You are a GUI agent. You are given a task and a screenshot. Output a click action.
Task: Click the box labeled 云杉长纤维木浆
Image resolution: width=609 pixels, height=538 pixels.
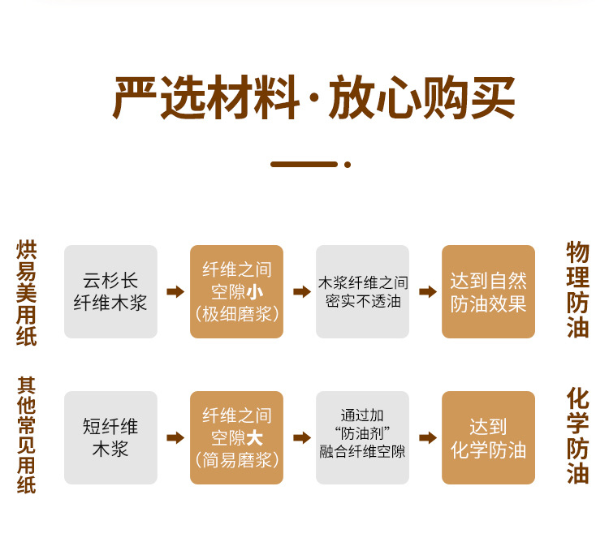click(110, 292)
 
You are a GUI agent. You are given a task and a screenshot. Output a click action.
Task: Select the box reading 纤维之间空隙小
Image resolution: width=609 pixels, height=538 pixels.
click(236, 292)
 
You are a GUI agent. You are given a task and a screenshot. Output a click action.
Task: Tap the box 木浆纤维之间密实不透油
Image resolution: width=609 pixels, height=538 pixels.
click(362, 292)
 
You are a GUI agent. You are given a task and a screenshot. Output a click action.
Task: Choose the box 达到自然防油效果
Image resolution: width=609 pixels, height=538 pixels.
click(488, 292)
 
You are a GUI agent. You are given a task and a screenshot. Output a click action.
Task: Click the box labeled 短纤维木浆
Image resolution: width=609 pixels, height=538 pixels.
click(110, 438)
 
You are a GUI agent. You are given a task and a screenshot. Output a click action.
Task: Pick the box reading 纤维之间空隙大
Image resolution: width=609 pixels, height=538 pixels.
click(236, 438)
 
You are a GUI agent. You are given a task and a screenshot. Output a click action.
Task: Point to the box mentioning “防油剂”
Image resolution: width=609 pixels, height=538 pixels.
click(362, 438)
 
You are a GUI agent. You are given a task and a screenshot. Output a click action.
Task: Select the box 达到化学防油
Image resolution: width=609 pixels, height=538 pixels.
click(488, 438)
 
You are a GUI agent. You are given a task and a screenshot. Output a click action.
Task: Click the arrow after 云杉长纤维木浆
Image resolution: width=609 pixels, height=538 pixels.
click(175, 292)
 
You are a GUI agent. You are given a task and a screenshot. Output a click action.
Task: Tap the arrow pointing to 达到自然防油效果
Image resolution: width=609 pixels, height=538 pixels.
click(427, 292)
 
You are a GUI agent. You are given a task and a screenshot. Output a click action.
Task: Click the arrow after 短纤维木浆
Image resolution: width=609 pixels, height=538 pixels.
click(175, 438)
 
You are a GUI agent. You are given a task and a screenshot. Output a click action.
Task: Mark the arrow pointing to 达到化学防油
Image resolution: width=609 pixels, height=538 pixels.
click(427, 438)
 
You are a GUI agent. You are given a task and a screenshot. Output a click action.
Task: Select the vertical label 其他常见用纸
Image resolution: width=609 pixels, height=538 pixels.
click(27, 435)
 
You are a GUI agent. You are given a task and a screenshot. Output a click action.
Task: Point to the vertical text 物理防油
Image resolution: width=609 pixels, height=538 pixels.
click(577, 291)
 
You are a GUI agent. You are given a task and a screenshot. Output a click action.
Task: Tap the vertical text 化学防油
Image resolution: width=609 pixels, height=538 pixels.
click(577, 436)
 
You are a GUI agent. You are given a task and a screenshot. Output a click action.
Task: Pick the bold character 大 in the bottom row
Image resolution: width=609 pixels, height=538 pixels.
click(255, 438)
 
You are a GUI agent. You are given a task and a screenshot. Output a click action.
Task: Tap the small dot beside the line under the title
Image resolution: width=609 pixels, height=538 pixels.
click(348, 164)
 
